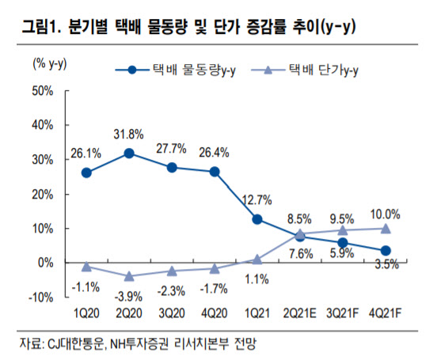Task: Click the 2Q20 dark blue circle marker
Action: tap(129, 153)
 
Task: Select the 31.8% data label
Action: tap(128, 135)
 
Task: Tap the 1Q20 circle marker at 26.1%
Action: tap(86, 173)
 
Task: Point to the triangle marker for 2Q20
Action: tap(129, 276)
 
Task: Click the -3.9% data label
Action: tap(128, 297)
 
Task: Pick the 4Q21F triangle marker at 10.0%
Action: tap(386, 229)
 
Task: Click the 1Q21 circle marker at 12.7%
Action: tap(257, 219)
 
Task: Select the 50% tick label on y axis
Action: tap(43, 91)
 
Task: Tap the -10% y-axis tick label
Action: tap(40, 297)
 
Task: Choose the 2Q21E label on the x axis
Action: tap(299, 313)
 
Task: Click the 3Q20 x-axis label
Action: tap(172, 313)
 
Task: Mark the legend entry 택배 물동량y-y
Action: tap(176, 70)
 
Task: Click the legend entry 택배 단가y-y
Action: tap(305, 70)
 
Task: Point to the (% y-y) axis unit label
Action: tap(50, 64)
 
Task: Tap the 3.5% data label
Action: tap(387, 264)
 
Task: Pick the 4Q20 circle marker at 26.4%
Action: tap(215, 172)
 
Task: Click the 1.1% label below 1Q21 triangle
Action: tap(256, 279)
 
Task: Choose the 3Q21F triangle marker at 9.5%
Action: tap(343, 230)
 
